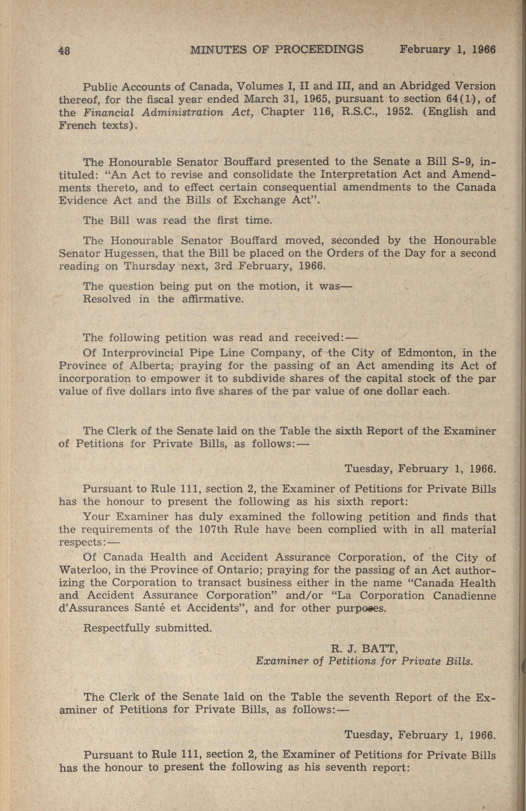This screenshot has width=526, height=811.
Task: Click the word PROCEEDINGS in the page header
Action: [319, 50]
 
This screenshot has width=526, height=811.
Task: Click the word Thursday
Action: [149, 266]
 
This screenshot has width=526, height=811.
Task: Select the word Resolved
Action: [107, 299]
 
